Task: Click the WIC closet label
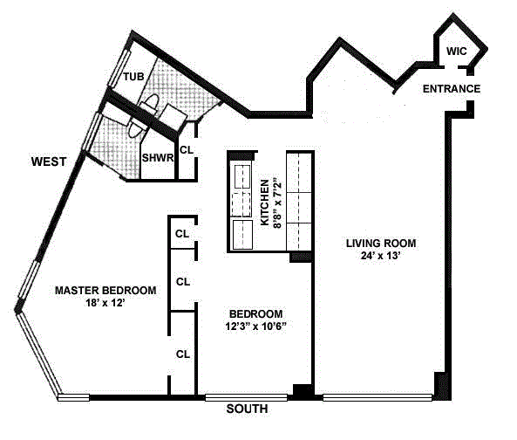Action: (457, 52)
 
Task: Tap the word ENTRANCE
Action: (452, 89)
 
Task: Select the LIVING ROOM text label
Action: (380, 243)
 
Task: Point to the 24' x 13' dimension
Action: (380, 258)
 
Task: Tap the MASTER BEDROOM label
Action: (105, 291)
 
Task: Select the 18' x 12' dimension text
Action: (105, 305)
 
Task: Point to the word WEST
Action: (50, 162)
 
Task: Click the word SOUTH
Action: (247, 409)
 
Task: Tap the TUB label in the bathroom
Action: (133, 77)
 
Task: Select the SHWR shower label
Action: (157, 157)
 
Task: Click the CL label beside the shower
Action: (186, 150)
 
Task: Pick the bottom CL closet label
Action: (183, 354)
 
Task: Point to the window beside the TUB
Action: (112, 76)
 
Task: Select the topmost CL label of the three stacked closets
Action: (182, 234)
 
